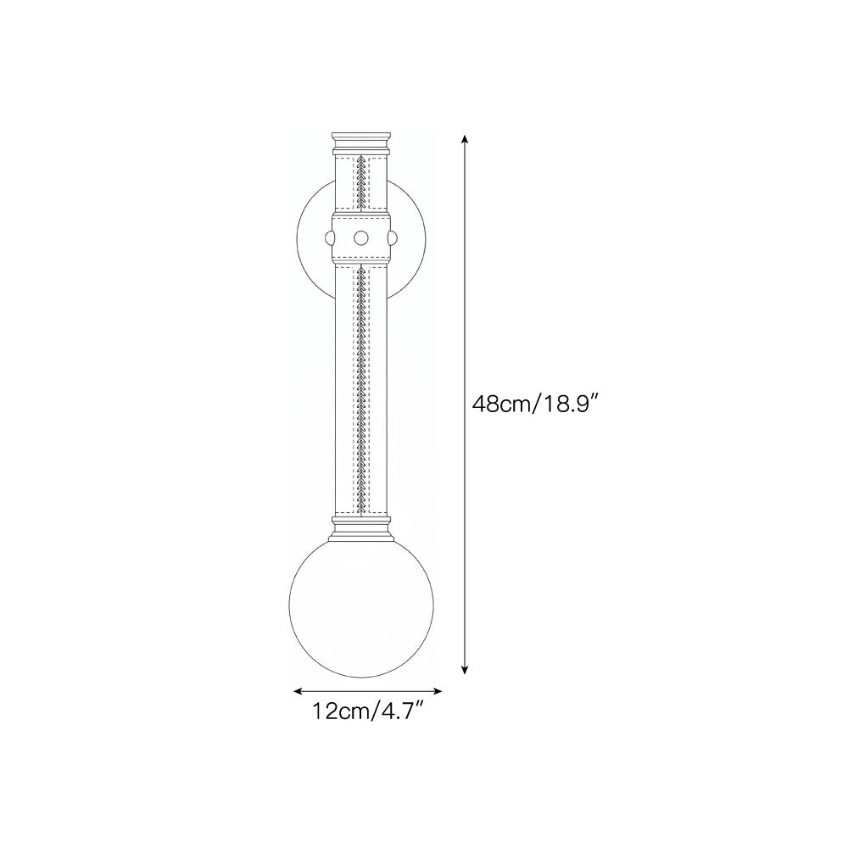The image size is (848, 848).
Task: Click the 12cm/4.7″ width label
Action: click(367, 711)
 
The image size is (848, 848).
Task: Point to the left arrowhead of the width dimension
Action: click(298, 690)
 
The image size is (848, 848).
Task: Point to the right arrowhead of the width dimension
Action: click(437, 690)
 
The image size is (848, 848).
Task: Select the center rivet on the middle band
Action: click(361, 237)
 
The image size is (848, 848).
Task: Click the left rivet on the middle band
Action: click(329, 237)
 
